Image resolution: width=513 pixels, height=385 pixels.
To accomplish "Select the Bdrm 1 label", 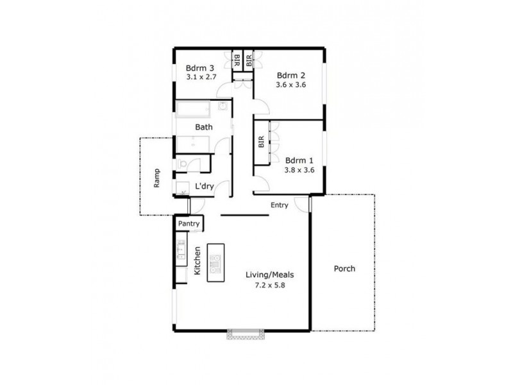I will (x=298, y=160).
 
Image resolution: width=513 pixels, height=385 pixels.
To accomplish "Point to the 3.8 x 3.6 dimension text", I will (x=298, y=170).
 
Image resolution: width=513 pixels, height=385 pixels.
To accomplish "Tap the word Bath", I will (x=204, y=127).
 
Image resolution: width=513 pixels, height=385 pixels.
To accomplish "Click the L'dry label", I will (x=204, y=186).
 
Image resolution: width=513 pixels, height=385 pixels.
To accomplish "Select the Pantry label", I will (x=190, y=223).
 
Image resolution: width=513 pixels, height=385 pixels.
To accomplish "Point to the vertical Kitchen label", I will (x=198, y=262).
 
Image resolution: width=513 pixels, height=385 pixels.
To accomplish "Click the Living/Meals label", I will (x=269, y=275).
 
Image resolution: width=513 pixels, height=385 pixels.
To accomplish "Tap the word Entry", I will (x=279, y=205).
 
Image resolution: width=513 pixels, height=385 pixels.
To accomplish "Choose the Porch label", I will (x=344, y=269).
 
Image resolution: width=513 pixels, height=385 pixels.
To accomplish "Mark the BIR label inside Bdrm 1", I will (x=262, y=142).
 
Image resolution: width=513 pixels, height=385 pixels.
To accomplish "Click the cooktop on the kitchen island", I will (x=215, y=262).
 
